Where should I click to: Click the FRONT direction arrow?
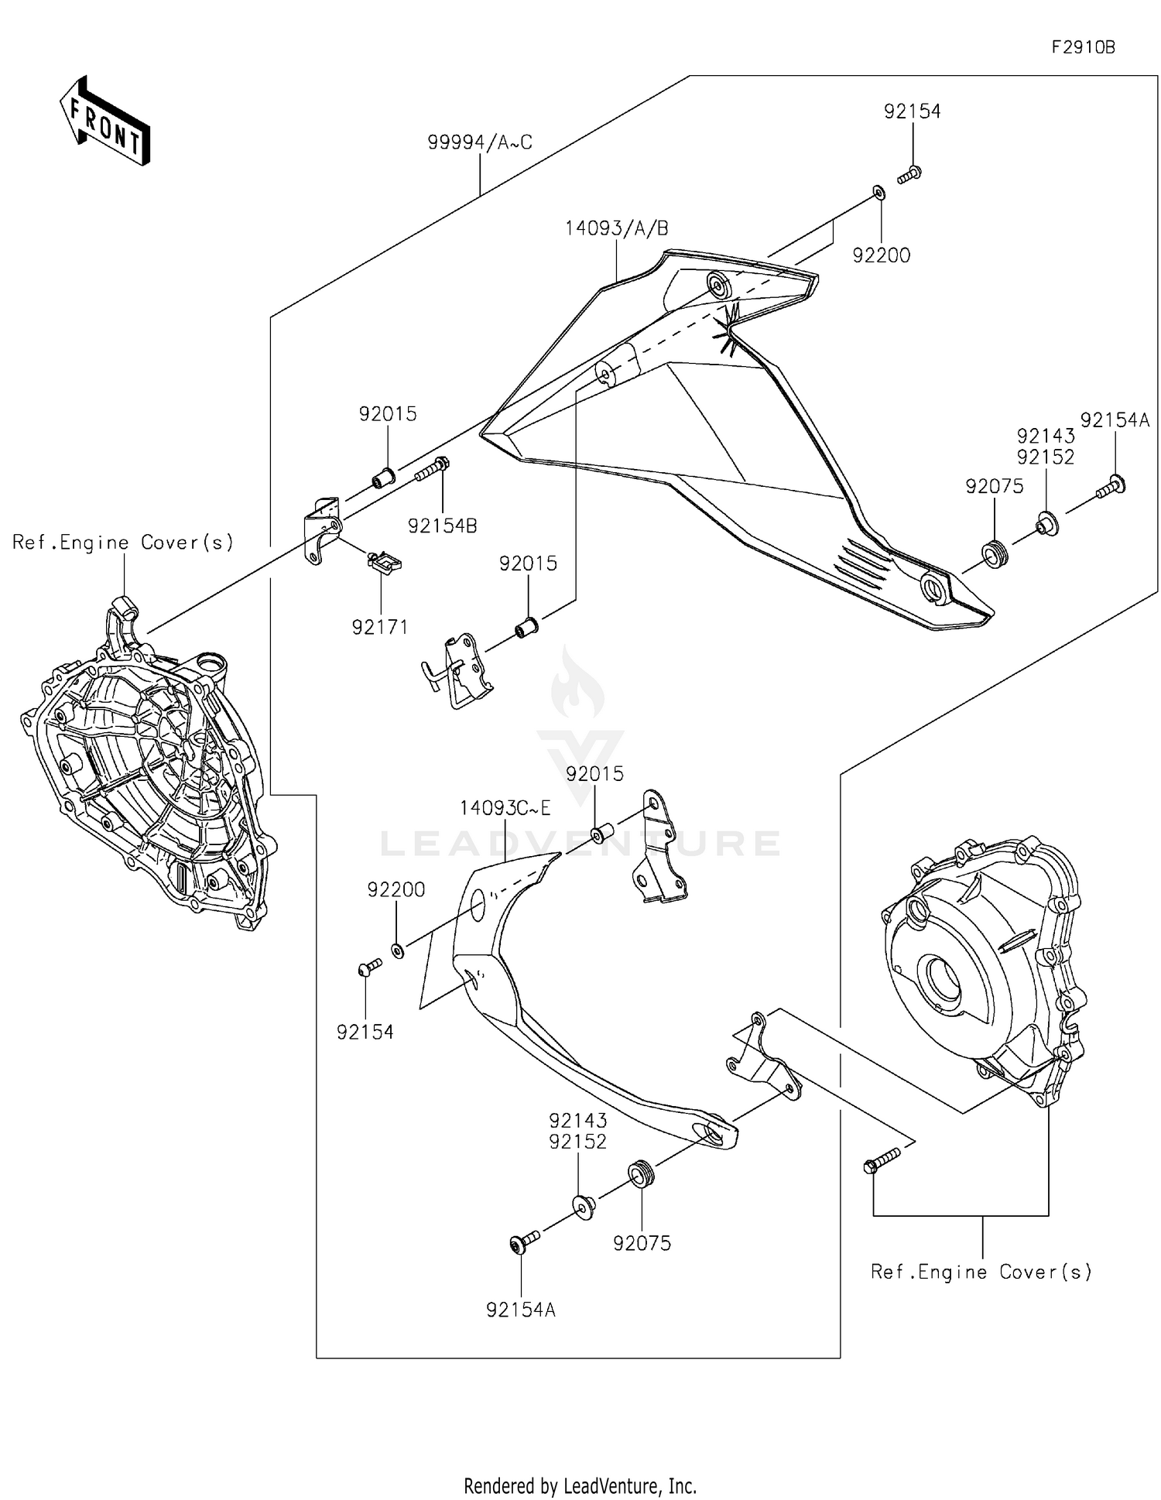tap(105, 122)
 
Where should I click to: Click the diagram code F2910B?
tap(1082, 47)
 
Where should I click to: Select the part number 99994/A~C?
tap(480, 142)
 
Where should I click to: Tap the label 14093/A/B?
tap(616, 228)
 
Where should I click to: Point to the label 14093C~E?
tap(505, 808)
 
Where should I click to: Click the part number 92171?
tap(379, 627)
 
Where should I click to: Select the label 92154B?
tap(442, 526)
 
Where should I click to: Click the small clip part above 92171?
tap(384, 562)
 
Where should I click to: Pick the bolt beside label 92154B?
tap(433, 469)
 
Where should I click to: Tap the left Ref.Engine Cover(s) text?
tap(123, 543)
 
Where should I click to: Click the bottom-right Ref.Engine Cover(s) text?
tap(981, 1272)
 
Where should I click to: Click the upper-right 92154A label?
tap(1115, 420)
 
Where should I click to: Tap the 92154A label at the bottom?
tap(521, 1310)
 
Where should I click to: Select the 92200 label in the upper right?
tap(881, 255)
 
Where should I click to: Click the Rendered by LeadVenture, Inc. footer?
tap(580, 1485)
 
